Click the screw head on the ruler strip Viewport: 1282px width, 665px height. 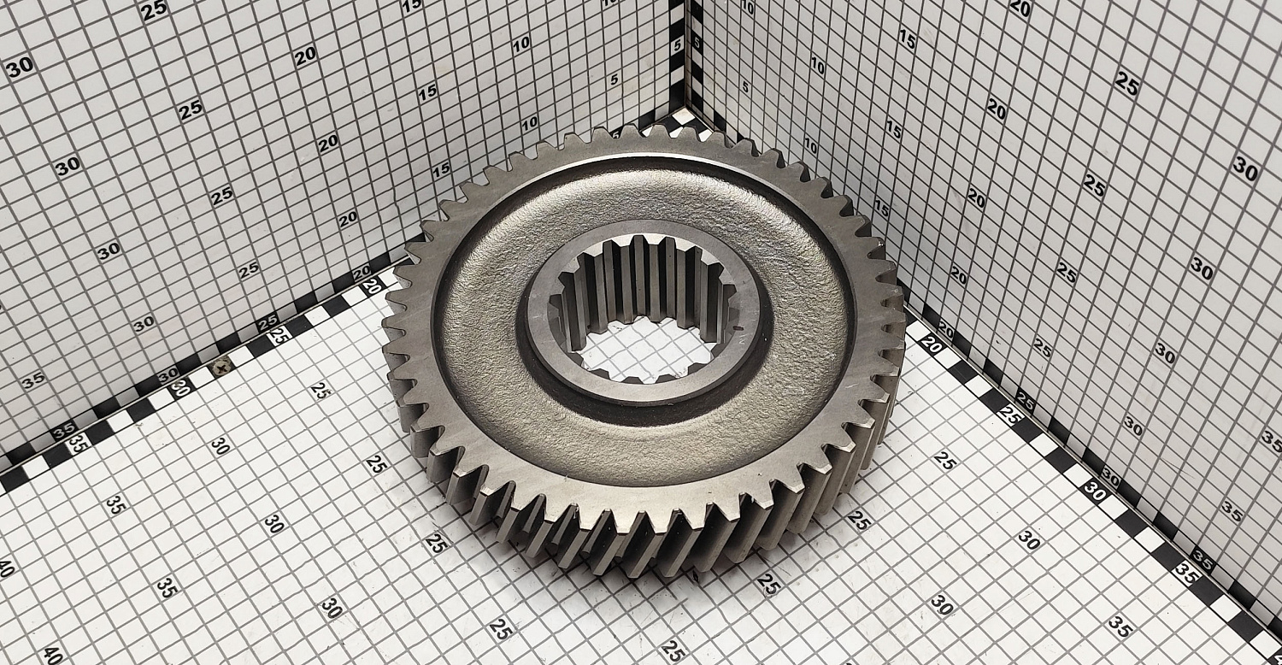pyautogui.click(x=221, y=364)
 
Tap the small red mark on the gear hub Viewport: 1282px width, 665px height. pyautogui.click(x=738, y=328)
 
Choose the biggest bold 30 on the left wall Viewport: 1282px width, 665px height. pyautogui.click(x=20, y=67)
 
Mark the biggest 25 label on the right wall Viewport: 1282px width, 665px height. pyautogui.click(x=1127, y=84)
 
